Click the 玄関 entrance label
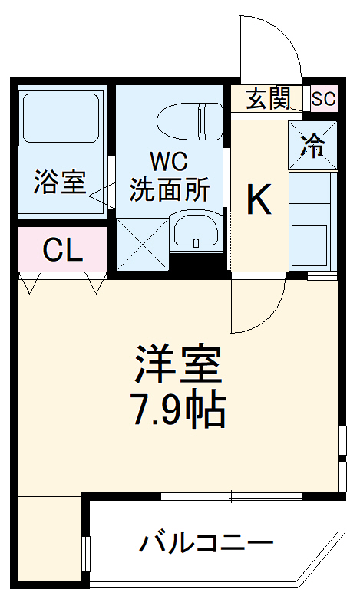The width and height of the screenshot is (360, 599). (x=269, y=98)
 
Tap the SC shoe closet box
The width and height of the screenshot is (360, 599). (x=323, y=98)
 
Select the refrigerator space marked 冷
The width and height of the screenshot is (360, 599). (x=312, y=145)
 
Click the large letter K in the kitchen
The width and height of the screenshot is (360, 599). (x=259, y=202)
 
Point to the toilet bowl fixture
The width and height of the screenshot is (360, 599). (x=187, y=119)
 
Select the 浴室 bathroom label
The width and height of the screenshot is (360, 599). (x=59, y=183)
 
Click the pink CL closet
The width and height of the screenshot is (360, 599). (x=62, y=249)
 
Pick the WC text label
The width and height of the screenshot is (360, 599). (x=169, y=162)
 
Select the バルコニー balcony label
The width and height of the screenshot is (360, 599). (x=206, y=545)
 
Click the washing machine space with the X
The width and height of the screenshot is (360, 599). (x=143, y=244)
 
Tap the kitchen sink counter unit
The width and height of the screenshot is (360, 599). (x=312, y=222)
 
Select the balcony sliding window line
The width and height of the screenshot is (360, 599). (x=230, y=496)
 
